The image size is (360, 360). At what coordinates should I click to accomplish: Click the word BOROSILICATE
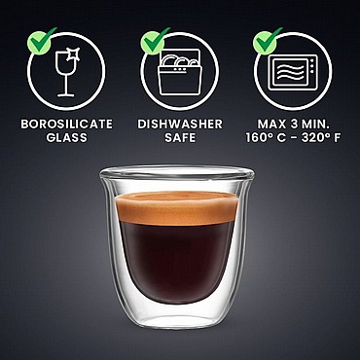pos(67,125)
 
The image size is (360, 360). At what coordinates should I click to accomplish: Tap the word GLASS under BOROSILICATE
pos(67,138)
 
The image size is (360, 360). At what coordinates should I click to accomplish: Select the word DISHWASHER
pos(180,125)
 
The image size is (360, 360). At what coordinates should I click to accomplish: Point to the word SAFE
pos(180,138)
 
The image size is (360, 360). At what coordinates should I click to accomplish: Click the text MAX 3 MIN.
pos(293,125)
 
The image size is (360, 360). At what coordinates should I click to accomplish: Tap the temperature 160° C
pos(266,138)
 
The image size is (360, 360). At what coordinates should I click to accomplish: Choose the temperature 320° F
pos(321,138)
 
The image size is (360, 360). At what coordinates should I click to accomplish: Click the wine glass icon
pos(67,73)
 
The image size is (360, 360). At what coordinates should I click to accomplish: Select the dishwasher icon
pos(180,72)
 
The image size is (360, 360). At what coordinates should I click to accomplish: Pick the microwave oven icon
pos(293,73)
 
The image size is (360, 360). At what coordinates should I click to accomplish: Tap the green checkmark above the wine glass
pos(41,42)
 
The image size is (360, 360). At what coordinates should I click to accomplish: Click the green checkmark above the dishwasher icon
pos(155,42)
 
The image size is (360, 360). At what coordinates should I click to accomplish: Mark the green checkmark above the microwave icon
pos(268,42)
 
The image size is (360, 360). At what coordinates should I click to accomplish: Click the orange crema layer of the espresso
pos(177,207)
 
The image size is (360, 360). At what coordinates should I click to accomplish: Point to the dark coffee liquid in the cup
pos(177,261)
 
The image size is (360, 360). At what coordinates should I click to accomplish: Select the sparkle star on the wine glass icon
pos(73,54)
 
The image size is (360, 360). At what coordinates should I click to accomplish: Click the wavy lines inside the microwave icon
pos(289,73)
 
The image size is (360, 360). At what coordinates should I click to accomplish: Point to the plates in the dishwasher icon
pos(179,60)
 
